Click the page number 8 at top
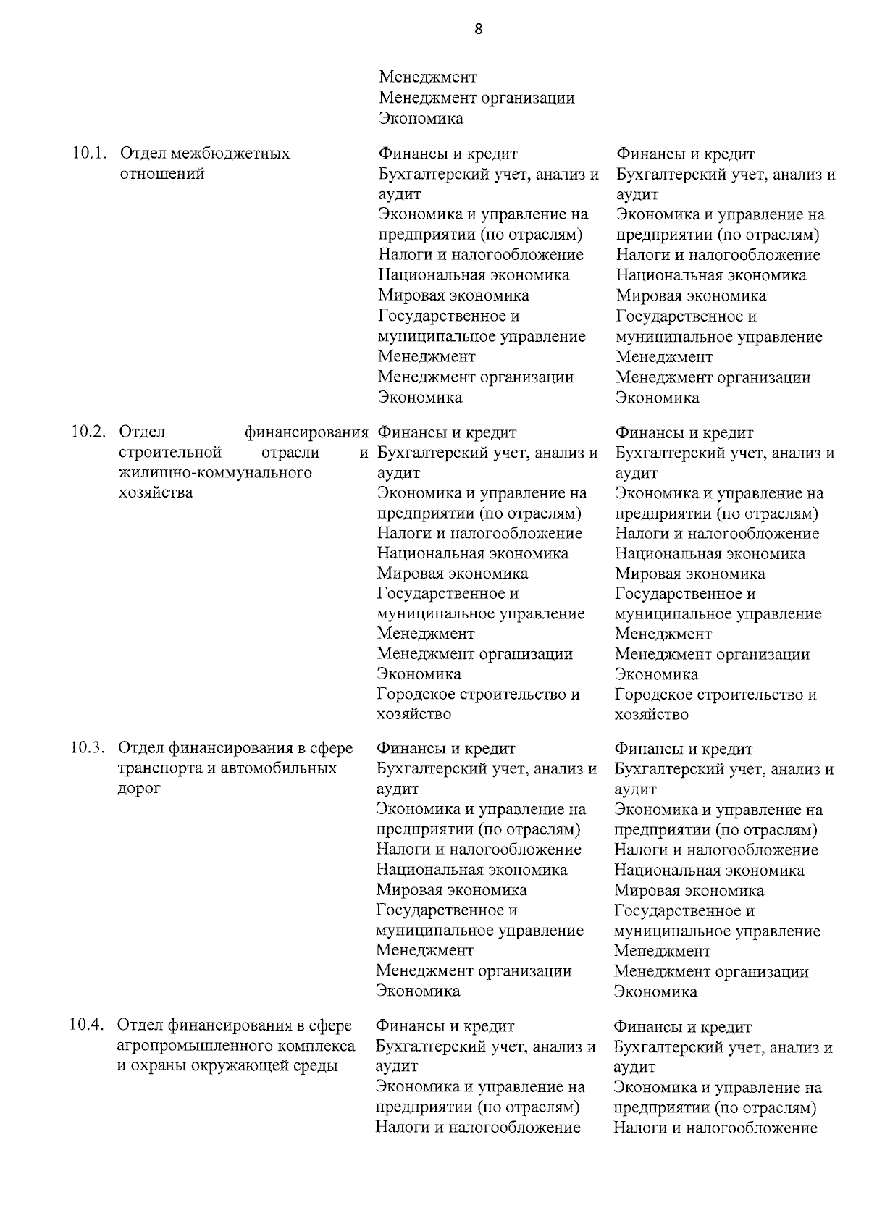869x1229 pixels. pos(478,29)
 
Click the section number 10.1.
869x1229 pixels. pos(89,154)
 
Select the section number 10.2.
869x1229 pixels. pos(88,432)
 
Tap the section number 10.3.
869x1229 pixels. pos(88,748)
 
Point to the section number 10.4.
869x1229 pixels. pos(88,1025)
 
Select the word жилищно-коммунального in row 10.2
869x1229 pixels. pos(215,473)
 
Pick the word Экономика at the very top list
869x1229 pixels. pos(421,118)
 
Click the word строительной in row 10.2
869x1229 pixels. pos(169,453)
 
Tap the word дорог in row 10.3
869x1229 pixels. pos(139,789)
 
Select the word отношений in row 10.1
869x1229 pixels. pos(161,174)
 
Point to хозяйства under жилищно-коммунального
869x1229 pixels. pos(156,493)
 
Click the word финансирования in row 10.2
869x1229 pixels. pos(306,432)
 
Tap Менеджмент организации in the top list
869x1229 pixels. pos(477,98)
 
